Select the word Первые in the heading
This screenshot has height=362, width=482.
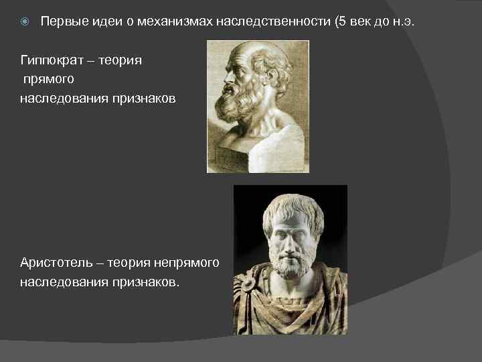pos(60,22)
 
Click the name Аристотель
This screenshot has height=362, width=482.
pos(54,261)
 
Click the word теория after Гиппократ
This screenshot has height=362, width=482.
pos(121,61)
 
